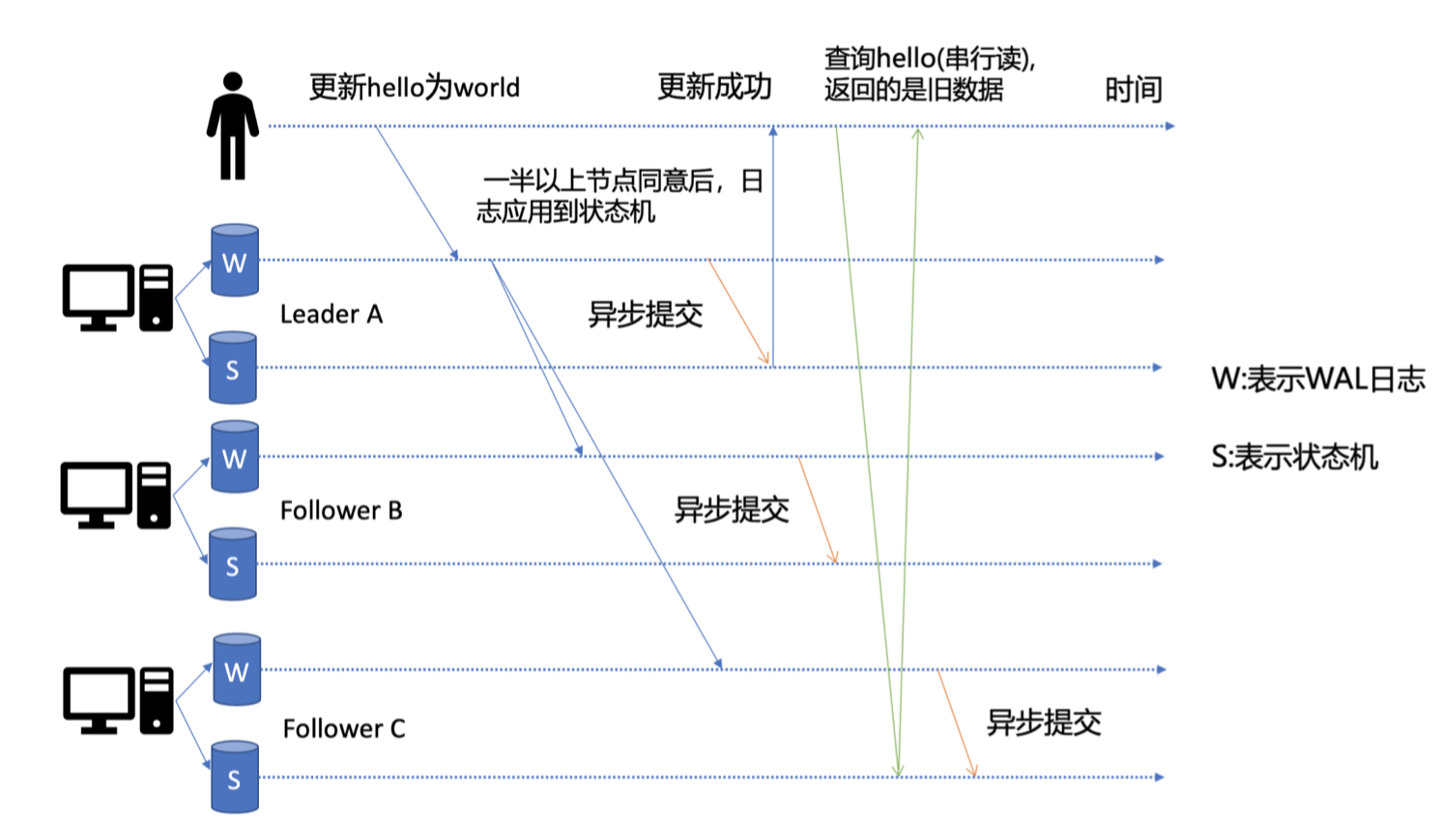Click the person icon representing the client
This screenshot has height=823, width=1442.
(232, 126)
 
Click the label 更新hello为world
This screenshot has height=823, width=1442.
(414, 88)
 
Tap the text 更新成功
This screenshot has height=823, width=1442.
(714, 87)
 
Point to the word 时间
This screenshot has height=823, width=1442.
(1133, 90)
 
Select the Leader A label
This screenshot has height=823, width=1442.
(332, 314)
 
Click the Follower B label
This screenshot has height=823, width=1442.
(341, 510)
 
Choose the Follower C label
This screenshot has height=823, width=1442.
(344, 728)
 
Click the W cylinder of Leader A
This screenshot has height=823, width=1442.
(235, 261)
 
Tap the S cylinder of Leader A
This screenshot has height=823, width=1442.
(233, 368)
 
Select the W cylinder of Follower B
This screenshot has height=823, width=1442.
(235, 457)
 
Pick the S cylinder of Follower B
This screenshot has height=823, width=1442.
(233, 564)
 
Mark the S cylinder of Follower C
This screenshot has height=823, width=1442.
(235, 778)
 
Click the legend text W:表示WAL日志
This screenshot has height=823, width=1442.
(1318, 379)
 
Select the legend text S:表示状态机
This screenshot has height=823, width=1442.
(1294, 456)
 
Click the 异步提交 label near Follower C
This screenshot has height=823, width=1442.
(1044, 723)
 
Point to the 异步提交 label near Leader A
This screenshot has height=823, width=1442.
(646, 314)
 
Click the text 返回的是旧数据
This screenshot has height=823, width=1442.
(913, 90)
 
